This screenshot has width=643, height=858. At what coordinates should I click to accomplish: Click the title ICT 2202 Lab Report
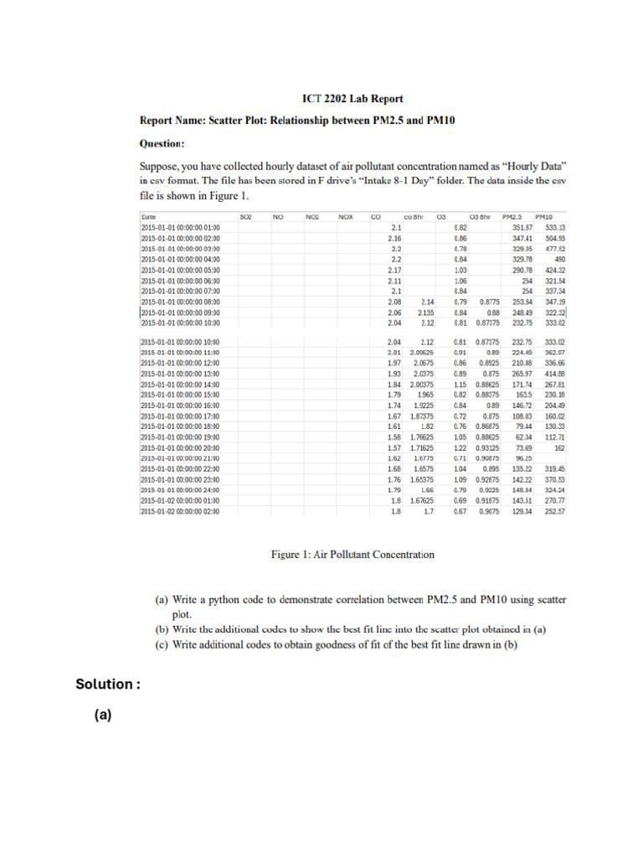pyautogui.click(x=341, y=98)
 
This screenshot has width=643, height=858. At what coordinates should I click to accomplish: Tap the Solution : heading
pyautogui.click(x=107, y=685)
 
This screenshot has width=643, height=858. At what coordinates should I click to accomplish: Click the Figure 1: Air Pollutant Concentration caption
pyautogui.click(x=352, y=554)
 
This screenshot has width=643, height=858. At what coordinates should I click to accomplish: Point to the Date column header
pyautogui.click(x=148, y=216)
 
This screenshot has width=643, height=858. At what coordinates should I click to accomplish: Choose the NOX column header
pyautogui.click(x=344, y=216)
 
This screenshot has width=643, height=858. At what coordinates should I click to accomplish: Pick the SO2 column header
pyautogui.click(x=245, y=216)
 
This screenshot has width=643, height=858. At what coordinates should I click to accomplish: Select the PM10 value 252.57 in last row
pyautogui.click(x=555, y=511)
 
